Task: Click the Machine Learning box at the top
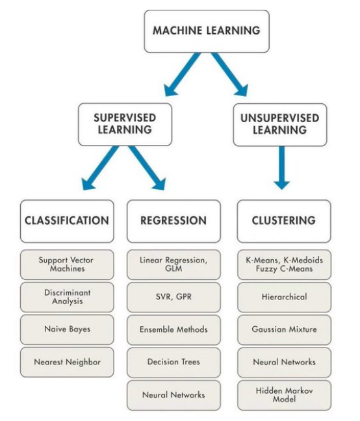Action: point(207,31)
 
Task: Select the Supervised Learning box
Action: point(125,124)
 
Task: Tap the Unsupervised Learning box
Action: point(280,125)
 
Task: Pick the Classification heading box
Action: point(67,221)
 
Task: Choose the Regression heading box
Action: point(174,221)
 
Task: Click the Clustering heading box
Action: point(284,221)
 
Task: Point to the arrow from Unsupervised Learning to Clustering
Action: point(281,168)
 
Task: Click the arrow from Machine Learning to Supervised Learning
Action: point(183,74)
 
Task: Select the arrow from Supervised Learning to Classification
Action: point(101,168)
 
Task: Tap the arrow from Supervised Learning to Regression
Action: point(147,168)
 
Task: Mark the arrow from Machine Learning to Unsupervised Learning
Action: point(229,74)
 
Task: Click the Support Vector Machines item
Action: point(67,264)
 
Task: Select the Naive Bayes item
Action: point(67,329)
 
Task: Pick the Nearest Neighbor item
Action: point(67,362)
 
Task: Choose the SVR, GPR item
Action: point(174,297)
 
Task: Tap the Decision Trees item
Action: point(174,362)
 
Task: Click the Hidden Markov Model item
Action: point(284,395)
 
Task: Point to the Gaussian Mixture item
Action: point(284,329)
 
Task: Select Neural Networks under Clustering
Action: point(284,362)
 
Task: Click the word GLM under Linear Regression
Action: point(174,268)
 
